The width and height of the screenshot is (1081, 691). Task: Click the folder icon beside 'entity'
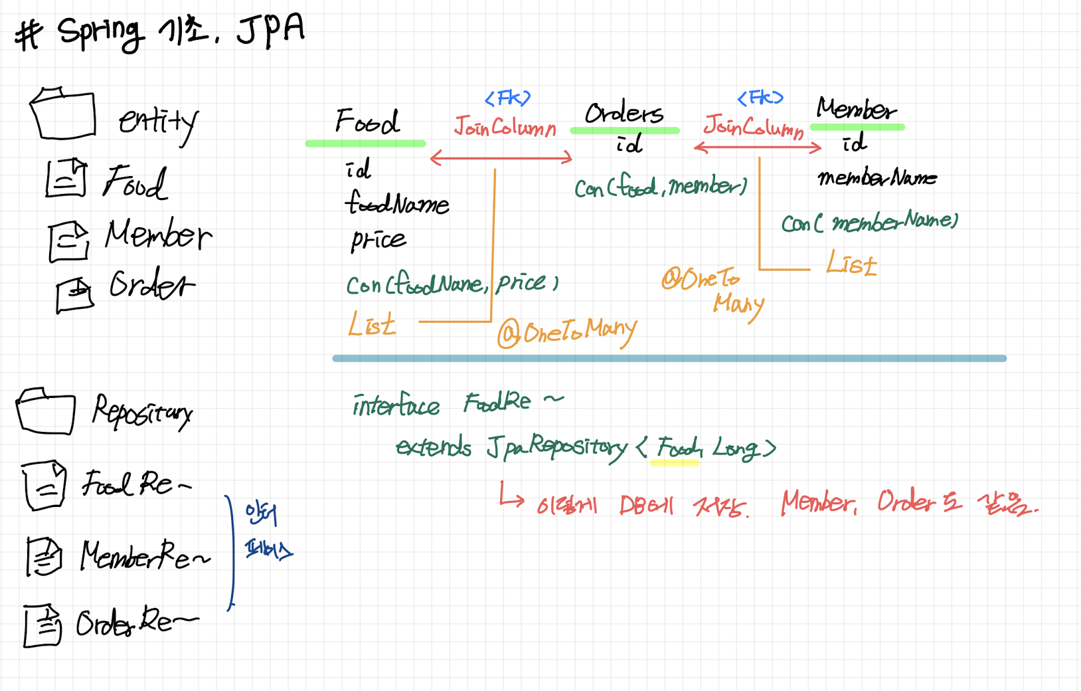point(62,114)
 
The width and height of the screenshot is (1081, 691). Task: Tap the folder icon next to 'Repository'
point(45,412)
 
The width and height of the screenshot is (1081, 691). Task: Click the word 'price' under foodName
point(378,239)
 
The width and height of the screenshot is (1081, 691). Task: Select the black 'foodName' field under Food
point(396,203)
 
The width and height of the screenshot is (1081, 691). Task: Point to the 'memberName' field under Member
point(876,177)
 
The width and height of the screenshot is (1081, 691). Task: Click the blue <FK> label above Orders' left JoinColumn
point(507,98)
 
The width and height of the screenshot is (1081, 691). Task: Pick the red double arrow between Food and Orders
point(501,157)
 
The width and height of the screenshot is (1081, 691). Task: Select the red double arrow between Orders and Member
point(757,148)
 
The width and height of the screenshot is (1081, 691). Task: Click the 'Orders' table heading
point(624,113)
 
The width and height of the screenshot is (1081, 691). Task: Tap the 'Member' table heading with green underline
point(856,109)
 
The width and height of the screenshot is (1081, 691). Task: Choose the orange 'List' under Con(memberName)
point(851,264)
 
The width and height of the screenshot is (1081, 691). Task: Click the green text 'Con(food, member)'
point(660,187)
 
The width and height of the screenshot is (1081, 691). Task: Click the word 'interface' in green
point(396,405)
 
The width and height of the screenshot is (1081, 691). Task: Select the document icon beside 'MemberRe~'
point(44,556)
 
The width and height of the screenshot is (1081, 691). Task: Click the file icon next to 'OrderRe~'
point(42,625)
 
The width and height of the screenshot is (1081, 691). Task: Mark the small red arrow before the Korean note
point(511,496)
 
